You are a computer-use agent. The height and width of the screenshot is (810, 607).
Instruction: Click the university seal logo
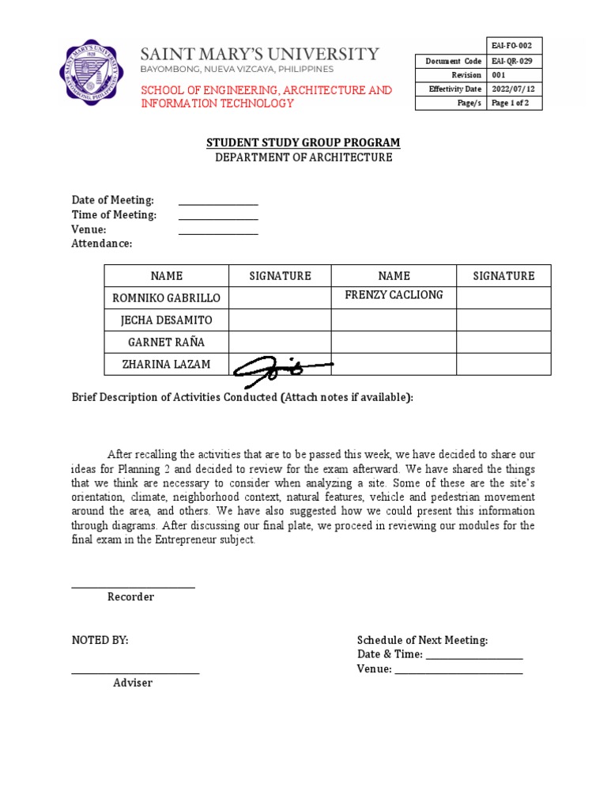point(92,72)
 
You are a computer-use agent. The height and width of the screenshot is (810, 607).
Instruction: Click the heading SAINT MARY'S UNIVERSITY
point(260,54)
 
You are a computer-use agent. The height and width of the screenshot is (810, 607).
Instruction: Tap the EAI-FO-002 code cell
point(515,46)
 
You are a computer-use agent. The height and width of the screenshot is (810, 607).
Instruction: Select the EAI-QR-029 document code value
point(515,61)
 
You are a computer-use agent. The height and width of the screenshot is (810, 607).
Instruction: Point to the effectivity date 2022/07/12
point(515,89)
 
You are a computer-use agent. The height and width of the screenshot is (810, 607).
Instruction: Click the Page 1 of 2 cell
point(515,104)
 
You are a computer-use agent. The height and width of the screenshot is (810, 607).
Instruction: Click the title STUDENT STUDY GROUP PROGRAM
point(303,142)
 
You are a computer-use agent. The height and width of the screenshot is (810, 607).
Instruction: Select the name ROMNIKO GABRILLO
point(166,298)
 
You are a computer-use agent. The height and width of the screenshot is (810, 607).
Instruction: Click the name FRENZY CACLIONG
point(394,295)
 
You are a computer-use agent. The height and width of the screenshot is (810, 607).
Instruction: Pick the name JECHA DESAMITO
point(166,320)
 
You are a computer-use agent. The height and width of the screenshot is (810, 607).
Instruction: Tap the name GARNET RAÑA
point(166,343)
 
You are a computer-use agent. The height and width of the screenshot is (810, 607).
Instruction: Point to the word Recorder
point(130,597)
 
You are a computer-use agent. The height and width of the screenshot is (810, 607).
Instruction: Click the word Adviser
point(133,683)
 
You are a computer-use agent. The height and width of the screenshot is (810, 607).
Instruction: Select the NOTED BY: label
point(100,641)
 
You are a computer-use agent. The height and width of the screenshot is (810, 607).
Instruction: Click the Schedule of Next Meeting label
point(422,641)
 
